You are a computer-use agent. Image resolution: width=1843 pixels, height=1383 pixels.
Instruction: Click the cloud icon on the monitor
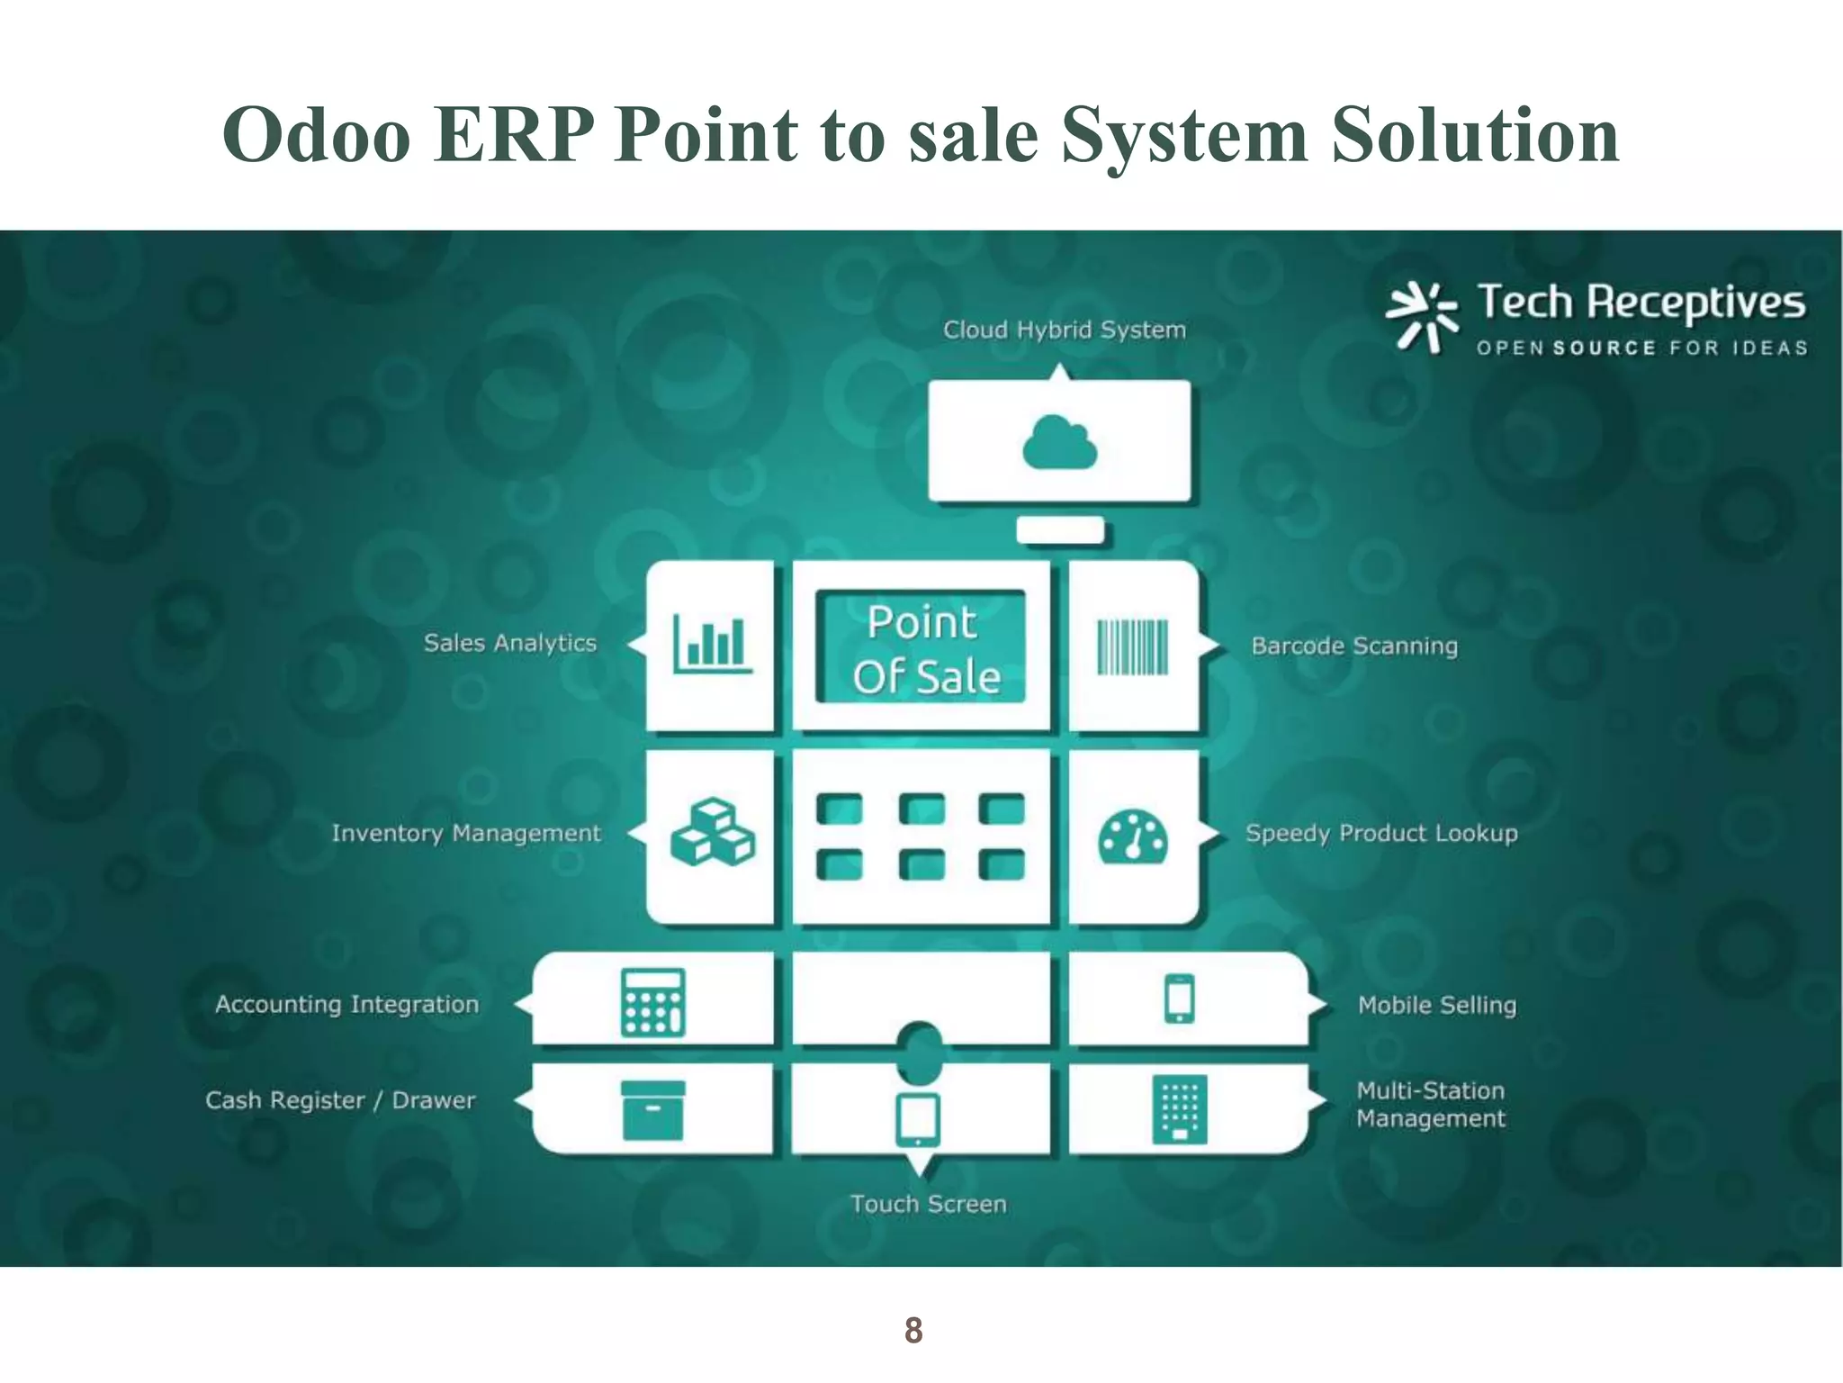pos(1060,442)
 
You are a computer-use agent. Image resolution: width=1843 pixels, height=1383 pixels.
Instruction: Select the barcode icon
pos(1132,646)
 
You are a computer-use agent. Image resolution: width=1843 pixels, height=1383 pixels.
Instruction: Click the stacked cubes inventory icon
pos(713,832)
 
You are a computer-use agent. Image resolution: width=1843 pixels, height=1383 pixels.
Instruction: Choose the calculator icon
pos(653,1002)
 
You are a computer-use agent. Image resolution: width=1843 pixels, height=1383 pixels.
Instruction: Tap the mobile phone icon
pos(1179,999)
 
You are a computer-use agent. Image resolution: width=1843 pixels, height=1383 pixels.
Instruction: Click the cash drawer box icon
pos(653,1110)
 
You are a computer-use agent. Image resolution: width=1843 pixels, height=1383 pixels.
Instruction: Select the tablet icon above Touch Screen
pos(919,1119)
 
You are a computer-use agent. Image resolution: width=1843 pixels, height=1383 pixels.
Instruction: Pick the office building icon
pos(1179,1109)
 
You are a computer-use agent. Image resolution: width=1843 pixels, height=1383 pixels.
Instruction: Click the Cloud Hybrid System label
pos(1065,330)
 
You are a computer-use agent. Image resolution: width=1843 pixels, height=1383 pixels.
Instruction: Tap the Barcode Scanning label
pos(1354,646)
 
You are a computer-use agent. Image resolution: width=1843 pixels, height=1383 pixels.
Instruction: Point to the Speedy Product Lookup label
pos(1381,833)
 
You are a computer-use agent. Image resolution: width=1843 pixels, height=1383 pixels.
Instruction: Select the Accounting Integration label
pos(347,1004)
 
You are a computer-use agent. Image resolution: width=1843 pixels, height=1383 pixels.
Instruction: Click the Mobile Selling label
pos(1437,1005)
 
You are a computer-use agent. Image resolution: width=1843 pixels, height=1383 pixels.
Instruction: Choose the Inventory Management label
pos(466,833)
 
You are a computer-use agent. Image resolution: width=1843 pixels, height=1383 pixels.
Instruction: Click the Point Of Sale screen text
pos(924,649)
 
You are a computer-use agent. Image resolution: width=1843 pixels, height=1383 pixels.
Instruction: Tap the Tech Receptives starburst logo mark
pos(1421,316)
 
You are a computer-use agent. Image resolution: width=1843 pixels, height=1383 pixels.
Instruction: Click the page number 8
pos(913,1330)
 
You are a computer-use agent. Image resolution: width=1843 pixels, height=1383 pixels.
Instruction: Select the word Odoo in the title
pos(317,135)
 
